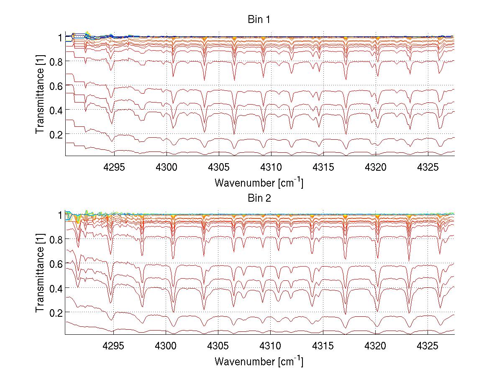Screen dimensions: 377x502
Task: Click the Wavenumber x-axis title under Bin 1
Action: (259, 182)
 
